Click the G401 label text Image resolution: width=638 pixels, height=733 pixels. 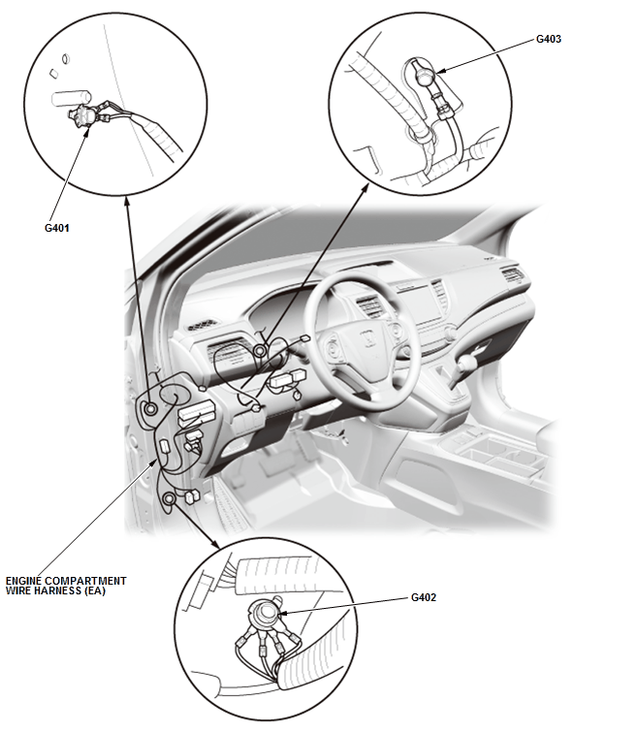pos(56,228)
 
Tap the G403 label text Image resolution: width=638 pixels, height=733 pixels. pos(548,39)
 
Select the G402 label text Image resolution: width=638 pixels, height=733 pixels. pos(424,597)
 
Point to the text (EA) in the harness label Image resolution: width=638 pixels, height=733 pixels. pos(95,590)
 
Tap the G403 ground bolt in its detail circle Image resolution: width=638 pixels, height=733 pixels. pos(425,76)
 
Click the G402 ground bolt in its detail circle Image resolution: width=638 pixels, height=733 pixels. pos(267,612)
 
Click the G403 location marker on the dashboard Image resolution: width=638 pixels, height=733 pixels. pos(260,351)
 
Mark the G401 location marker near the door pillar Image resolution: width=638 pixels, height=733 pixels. pos(151,409)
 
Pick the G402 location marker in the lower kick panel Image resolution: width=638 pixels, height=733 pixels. pos(169,498)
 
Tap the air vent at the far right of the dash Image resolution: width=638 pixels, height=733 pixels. pos(513,275)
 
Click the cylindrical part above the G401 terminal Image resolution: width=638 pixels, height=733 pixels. pos(70,98)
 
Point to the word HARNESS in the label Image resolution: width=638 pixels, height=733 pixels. pos(52,590)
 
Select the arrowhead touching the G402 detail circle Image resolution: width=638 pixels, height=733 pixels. pos(215,544)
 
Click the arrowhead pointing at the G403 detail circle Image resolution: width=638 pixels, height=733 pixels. pos(365,188)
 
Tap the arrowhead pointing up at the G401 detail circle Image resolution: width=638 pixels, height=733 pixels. pos(126,202)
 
